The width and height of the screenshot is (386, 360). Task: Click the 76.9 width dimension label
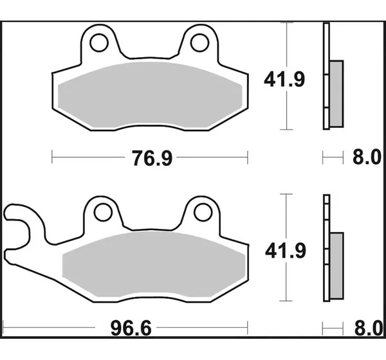152,158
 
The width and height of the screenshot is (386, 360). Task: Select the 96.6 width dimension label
131,328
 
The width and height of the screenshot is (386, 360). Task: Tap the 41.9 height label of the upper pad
284,79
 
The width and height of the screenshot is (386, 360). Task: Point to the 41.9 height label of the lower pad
286,251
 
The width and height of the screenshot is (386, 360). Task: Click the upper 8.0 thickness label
367,157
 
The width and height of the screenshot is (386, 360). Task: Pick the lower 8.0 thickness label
368,328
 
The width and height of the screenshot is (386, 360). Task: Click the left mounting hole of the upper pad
99,42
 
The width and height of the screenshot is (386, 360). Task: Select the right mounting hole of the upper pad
199,42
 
